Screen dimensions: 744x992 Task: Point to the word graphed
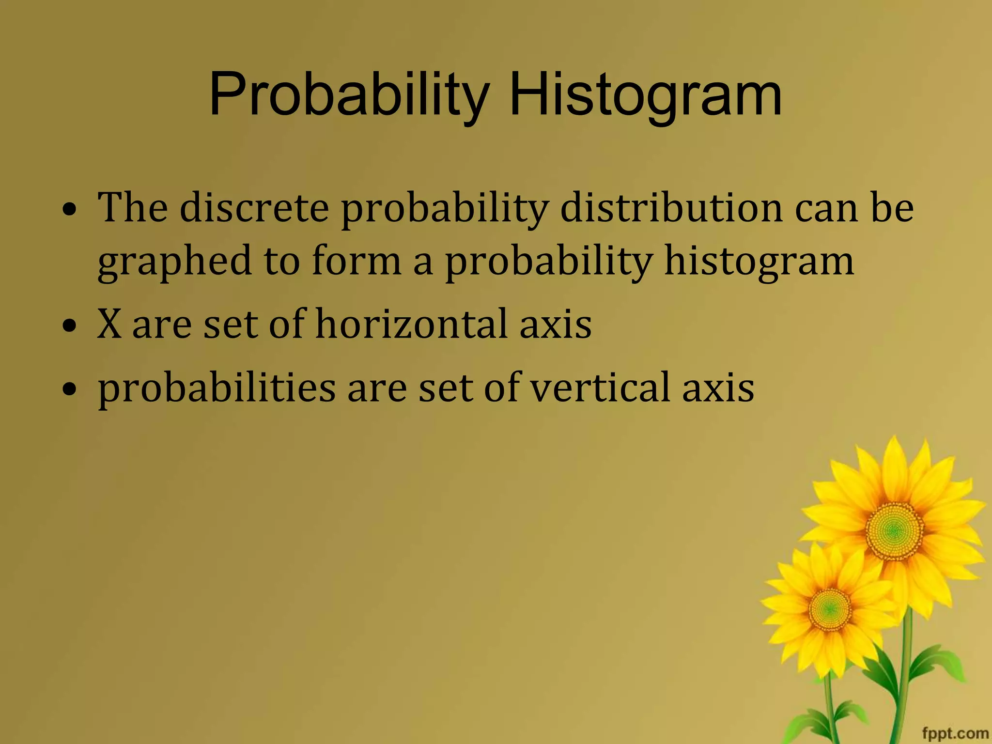(x=174, y=262)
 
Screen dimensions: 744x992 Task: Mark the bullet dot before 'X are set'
(x=70, y=325)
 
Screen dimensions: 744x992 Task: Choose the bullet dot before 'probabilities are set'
(x=70, y=388)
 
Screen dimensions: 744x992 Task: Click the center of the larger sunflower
(x=894, y=531)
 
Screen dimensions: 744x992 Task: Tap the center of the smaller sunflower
(x=830, y=608)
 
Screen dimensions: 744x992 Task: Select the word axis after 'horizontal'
(x=556, y=325)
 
